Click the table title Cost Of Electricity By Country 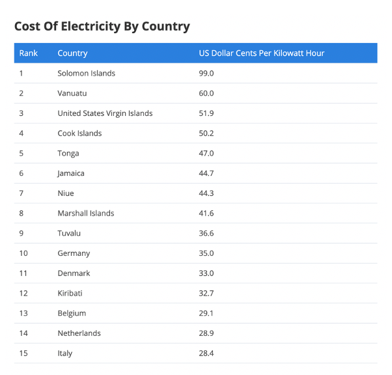pos(102,27)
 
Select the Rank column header pos(28,53)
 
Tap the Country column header pos(72,53)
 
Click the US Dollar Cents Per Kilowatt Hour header pos(262,53)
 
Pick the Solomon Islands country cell pos(86,74)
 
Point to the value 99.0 pos(206,74)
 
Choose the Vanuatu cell pos(72,93)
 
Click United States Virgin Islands pos(105,113)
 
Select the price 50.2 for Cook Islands pos(206,133)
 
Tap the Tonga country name pos(68,154)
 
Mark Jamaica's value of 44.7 pos(206,173)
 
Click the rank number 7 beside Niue pos(21,193)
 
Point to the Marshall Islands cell pos(86,214)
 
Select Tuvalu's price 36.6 pos(206,233)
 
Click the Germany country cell pos(74,253)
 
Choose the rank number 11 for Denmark pos(23,273)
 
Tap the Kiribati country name pos(70,293)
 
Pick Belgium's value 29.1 pos(206,313)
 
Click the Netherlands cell pos(79,333)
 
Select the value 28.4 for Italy pos(206,354)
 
